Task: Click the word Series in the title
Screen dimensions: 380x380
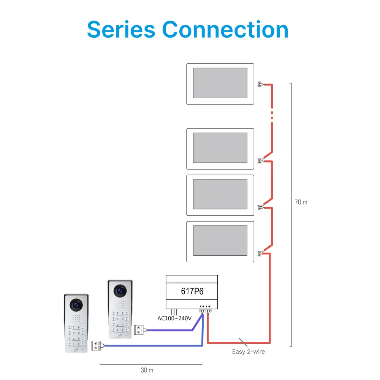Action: (x=121, y=30)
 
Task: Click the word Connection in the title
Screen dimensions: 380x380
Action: (x=225, y=30)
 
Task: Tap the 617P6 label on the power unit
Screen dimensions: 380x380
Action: (x=192, y=292)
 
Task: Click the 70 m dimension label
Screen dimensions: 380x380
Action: (x=301, y=202)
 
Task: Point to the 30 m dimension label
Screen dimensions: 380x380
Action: (x=147, y=370)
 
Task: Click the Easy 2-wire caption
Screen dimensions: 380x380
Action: (x=249, y=352)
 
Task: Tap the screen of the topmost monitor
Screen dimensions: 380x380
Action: (x=220, y=83)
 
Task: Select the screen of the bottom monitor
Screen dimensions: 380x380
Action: (x=220, y=241)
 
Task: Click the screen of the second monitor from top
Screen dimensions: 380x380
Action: (x=220, y=148)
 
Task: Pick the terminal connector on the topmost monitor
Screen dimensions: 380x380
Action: (x=260, y=84)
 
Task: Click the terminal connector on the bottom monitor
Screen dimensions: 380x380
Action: (x=260, y=253)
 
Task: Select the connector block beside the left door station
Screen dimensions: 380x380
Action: (x=97, y=346)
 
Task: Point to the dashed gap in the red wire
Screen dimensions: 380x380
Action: (x=272, y=115)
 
